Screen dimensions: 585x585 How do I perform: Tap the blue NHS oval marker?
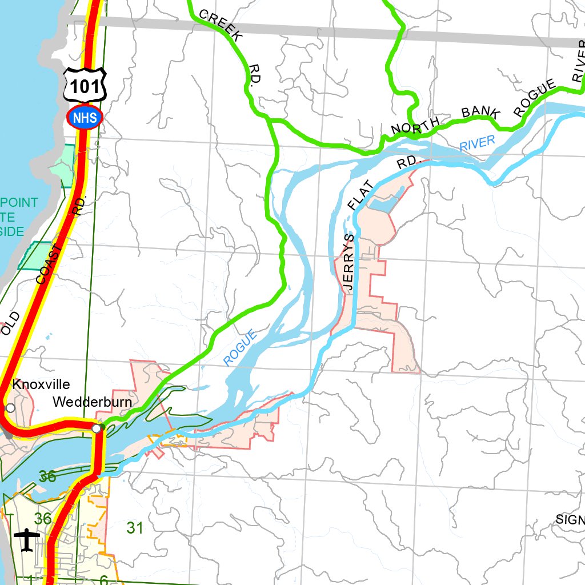click(85, 118)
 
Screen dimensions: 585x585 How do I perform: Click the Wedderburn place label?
click(92, 402)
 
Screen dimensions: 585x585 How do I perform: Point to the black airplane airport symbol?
click(27, 540)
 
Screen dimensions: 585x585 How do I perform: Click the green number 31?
click(135, 528)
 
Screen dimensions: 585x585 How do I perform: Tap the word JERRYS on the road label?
click(349, 263)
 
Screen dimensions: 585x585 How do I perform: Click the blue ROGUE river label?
click(240, 348)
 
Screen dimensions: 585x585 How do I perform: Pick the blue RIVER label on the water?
click(477, 143)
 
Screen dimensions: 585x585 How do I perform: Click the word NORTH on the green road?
click(415, 125)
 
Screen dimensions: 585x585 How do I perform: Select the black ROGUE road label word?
click(534, 98)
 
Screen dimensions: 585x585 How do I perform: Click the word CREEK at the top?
click(222, 26)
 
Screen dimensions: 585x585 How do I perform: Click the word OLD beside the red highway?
click(11, 323)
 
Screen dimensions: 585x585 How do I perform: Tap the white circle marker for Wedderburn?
click(97, 428)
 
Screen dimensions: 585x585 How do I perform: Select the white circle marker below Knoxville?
click(10, 408)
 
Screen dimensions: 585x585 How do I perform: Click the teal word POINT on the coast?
click(19, 202)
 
